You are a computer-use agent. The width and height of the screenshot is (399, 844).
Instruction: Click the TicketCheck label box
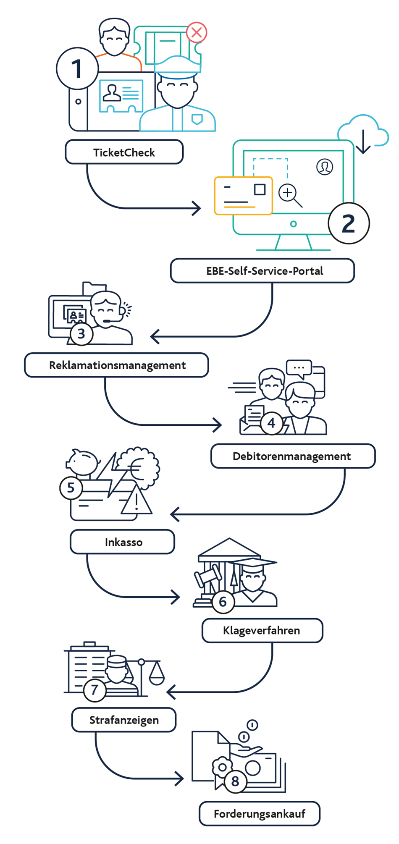tap(124, 152)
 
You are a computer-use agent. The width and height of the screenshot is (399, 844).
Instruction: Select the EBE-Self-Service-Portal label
tap(262, 271)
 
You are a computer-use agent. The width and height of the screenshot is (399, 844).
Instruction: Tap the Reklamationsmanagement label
tap(117, 365)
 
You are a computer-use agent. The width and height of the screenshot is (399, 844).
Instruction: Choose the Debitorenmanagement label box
tap(293, 456)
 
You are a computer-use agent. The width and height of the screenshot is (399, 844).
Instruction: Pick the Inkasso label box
tap(122, 542)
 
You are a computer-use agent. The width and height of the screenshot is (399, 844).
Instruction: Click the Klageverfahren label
tap(262, 630)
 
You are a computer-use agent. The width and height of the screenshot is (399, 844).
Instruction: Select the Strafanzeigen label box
tap(124, 720)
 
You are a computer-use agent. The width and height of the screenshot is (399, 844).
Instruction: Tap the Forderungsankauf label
tap(260, 814)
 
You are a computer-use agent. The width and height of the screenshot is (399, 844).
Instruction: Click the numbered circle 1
tap(77, 68)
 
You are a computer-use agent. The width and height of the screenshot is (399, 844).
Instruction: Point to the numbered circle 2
tap(349, 223)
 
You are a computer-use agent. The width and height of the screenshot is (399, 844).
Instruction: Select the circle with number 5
tap(71, 488)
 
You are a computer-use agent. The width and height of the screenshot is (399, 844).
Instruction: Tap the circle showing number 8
tap(235, 781)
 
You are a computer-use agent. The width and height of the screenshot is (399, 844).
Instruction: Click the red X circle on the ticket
tap(197, 32)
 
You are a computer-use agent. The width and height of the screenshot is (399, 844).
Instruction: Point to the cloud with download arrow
tap(363, 132)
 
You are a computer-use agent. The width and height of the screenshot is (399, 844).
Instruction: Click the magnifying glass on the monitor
tap(291, 196)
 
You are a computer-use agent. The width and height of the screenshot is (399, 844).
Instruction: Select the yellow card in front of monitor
tap(244, 196)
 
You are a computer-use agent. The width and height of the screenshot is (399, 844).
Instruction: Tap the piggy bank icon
tap(83, 462)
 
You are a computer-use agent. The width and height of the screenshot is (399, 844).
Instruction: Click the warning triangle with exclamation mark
tap(136, 500)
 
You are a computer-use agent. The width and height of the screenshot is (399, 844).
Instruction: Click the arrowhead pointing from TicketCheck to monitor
tap(197, 208)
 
